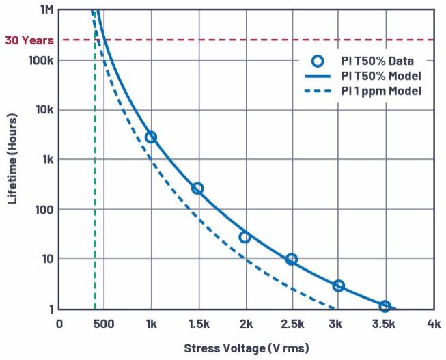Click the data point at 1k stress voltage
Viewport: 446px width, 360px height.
pos(151,137)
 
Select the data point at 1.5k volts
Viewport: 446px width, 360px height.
pos(197,189)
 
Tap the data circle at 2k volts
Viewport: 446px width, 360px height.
pos(245,237)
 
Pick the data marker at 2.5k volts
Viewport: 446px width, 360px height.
pos(292,259)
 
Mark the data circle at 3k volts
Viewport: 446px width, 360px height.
pos(338,286)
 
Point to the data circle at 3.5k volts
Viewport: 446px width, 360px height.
pos(385,306)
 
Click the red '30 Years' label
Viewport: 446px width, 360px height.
pos(29,40)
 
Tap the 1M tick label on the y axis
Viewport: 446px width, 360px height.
pos(46,10)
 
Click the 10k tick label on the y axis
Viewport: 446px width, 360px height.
pos(44,110)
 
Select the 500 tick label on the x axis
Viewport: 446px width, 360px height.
pos(104,323)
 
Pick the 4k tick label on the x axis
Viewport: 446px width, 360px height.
pos(432,323)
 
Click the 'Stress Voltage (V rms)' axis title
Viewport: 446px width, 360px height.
pos(246,348)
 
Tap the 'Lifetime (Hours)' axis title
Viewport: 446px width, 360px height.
pos(12,159)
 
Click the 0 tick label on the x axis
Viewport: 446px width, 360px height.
pos(59,323)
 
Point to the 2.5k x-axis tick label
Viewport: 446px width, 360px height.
pos(292,323)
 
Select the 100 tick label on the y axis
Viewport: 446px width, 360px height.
pos(44,210)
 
